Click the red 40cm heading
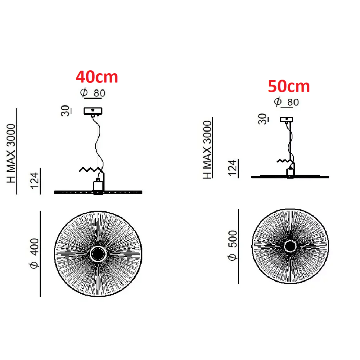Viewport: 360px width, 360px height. coord(97,77)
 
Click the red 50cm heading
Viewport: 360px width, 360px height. coord(289,86)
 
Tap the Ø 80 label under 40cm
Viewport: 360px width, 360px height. coord(93,93)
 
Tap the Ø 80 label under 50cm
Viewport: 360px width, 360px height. coord(287,102)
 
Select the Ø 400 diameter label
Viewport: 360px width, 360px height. coord(34,253)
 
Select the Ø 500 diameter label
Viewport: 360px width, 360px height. coord(233,245)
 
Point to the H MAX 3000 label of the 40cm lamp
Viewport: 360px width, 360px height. coord(11,153)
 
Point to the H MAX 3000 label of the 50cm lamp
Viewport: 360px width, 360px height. coord(207,150)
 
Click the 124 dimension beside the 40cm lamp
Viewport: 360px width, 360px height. coord(35,181)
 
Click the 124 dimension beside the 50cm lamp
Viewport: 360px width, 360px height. coord(233,168)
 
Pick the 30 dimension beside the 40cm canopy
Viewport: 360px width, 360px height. coord(66,111)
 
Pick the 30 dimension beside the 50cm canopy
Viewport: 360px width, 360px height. coord(263,119)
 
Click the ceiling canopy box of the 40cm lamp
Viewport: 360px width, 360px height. coord(93,111)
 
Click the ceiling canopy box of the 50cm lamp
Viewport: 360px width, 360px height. coord(287,119)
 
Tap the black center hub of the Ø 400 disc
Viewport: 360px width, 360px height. coord(98,254)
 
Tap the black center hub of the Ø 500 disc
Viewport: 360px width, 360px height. coord(290,246)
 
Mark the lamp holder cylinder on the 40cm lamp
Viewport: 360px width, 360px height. coord(98,186)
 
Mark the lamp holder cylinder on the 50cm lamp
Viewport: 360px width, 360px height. coord(290,172)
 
